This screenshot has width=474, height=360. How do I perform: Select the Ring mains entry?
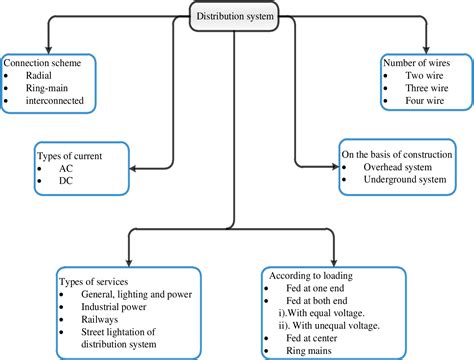308,351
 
